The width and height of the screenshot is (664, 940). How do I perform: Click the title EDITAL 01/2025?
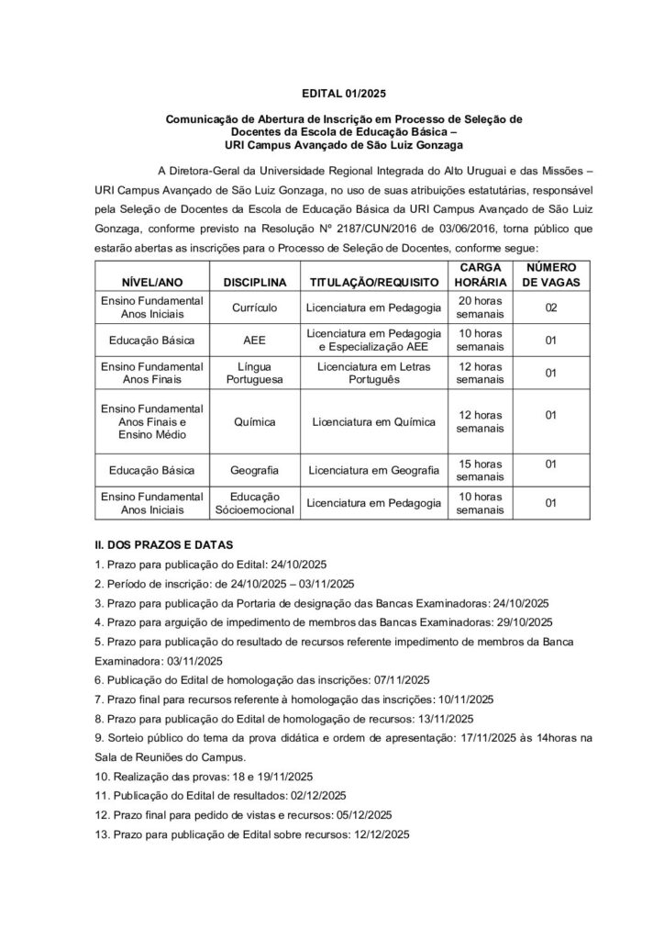(x=331, y=93)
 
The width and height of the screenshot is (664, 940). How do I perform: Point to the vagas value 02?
(x=550, y=308)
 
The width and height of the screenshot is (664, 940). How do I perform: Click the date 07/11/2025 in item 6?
(x=401, y=679)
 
